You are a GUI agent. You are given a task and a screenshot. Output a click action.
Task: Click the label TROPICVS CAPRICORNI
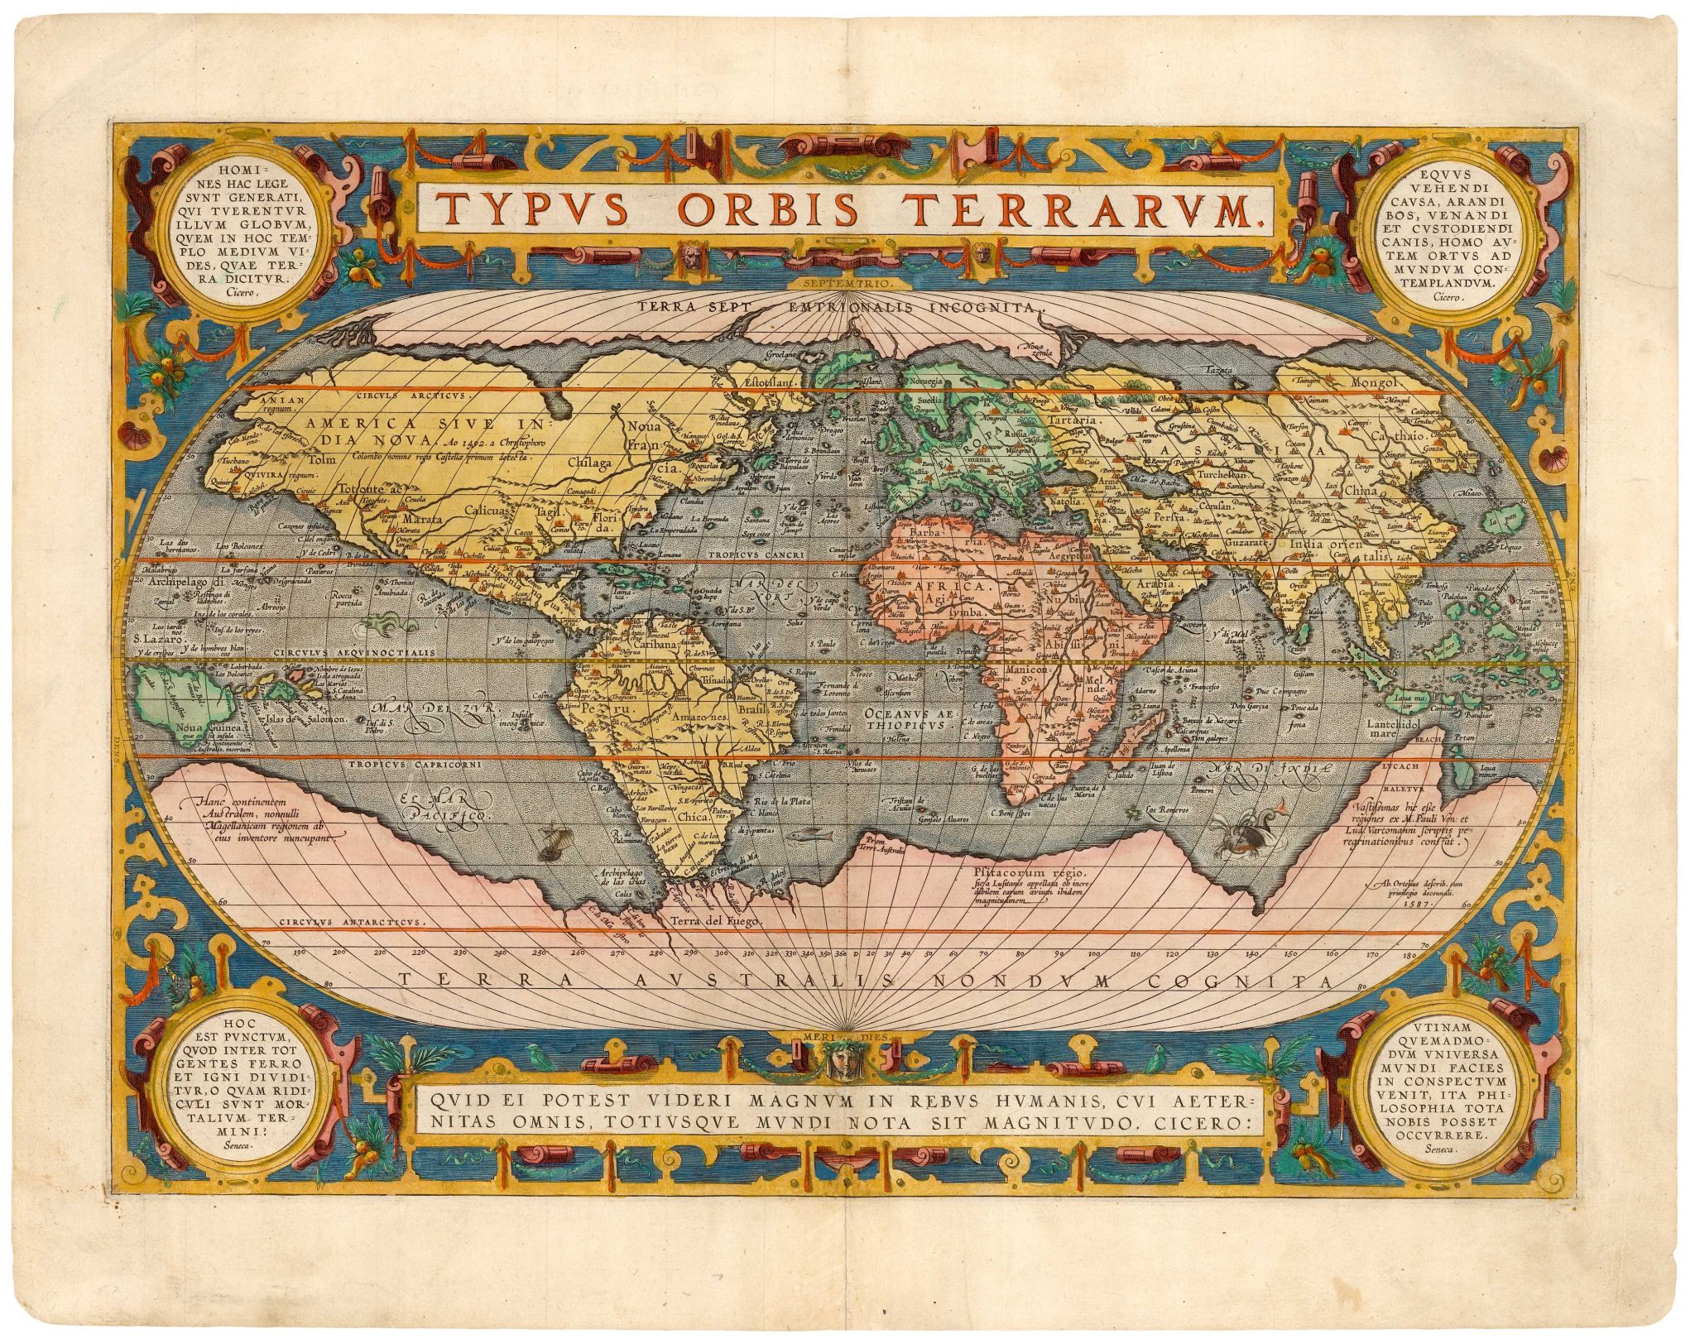coord(414,765)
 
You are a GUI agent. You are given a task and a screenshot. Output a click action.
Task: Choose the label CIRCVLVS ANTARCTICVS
coord(353,921)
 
